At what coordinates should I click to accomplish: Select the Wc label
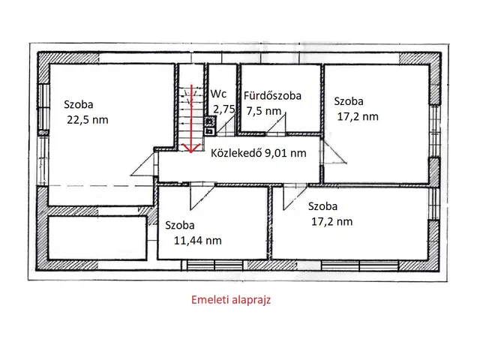pyautogui.click(x=219, y=94)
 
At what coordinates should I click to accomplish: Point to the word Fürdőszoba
pyautogui.click(x=273, y=95)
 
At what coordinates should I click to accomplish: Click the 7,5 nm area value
pyautogui.click(x=264, y=110)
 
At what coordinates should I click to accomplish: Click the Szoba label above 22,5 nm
pyautogui.click(x=79, y=104)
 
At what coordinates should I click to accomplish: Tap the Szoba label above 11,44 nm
pyautogui.click(x=180, y=224)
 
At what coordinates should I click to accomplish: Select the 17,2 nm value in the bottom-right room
pyautogui.click(x=331, y=220)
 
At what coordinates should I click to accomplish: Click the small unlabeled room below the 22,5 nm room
pyautogui.click(x=97, y=238)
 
